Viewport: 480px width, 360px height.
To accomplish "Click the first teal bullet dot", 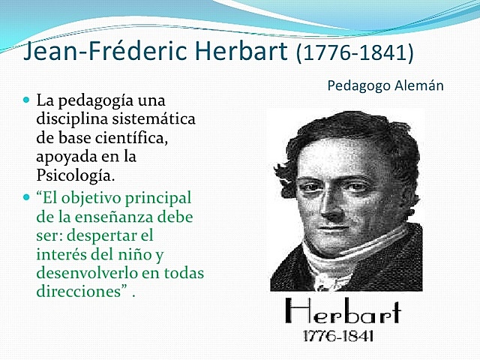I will pos(27,100).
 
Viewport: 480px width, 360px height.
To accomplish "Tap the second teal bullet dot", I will pos(27,198).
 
